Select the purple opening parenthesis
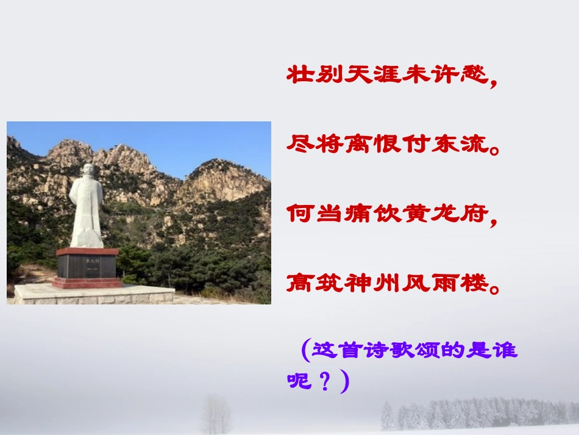point(305,351)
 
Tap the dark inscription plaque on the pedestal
point(87,266)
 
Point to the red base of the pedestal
point(87,282)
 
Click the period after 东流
point(494,149)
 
